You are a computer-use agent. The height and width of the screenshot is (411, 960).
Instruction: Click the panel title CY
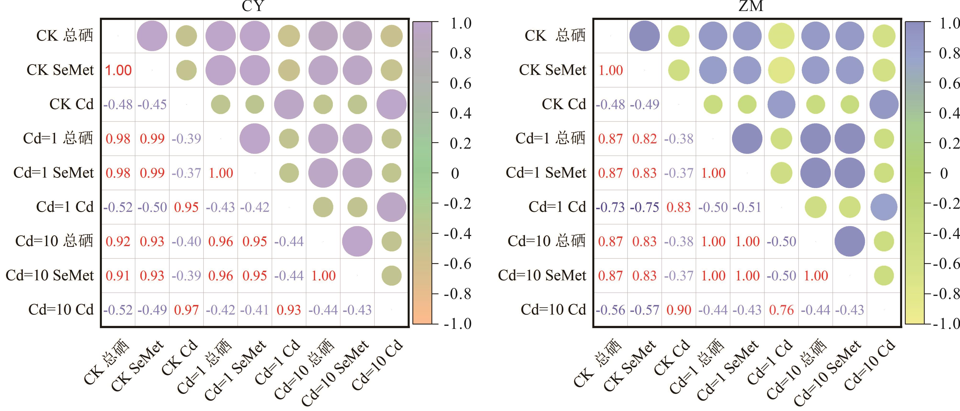point(253,6)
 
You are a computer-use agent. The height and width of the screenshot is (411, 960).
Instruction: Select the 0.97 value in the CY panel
point(186,310)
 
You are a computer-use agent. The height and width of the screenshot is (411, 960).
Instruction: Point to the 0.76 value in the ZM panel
point(782,310)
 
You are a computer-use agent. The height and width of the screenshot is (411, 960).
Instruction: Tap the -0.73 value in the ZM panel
point(610,207)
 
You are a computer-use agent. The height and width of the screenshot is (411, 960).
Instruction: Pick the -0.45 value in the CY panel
point(152,104)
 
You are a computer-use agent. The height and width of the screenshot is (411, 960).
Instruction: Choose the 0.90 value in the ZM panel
point(679,310)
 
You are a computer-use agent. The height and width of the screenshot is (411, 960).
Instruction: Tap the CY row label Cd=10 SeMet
point(50,276)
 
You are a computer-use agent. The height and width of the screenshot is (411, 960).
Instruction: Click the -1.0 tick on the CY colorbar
point(458,324)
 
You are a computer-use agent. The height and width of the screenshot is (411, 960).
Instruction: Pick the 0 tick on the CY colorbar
point(455,174)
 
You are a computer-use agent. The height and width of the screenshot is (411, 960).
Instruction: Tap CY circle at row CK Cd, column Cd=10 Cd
point(391,104)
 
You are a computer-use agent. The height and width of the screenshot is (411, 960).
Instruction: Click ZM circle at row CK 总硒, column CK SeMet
point(644,36)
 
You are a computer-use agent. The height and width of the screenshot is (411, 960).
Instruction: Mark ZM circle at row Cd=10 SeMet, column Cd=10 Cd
point(884,276)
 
